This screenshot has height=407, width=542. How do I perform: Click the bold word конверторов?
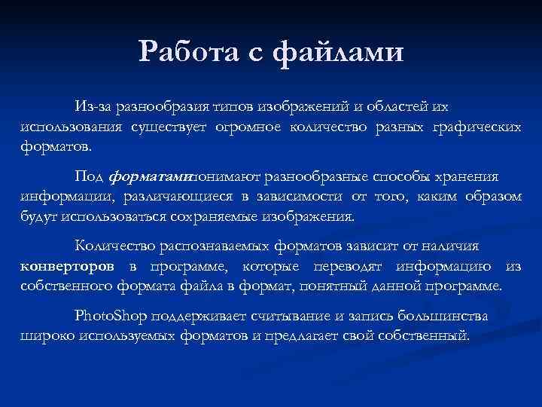coord(68,266)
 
